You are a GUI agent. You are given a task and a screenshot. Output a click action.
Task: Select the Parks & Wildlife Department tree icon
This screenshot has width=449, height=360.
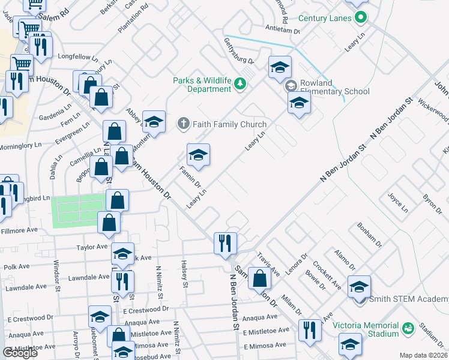click(240, 83)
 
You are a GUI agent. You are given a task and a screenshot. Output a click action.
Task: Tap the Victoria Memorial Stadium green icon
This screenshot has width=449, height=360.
click(408, 328)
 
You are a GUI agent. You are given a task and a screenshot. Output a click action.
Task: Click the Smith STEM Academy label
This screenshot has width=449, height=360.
click(409, 299)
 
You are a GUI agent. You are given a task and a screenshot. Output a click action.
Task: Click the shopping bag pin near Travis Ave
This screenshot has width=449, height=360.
click(260, 278)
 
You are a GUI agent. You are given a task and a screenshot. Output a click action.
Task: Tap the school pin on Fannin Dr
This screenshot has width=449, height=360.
click(198, 155)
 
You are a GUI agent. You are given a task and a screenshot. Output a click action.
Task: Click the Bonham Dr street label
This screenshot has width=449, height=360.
click(370, 235)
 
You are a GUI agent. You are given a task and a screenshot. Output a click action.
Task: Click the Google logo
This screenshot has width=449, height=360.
click(20, 353)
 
